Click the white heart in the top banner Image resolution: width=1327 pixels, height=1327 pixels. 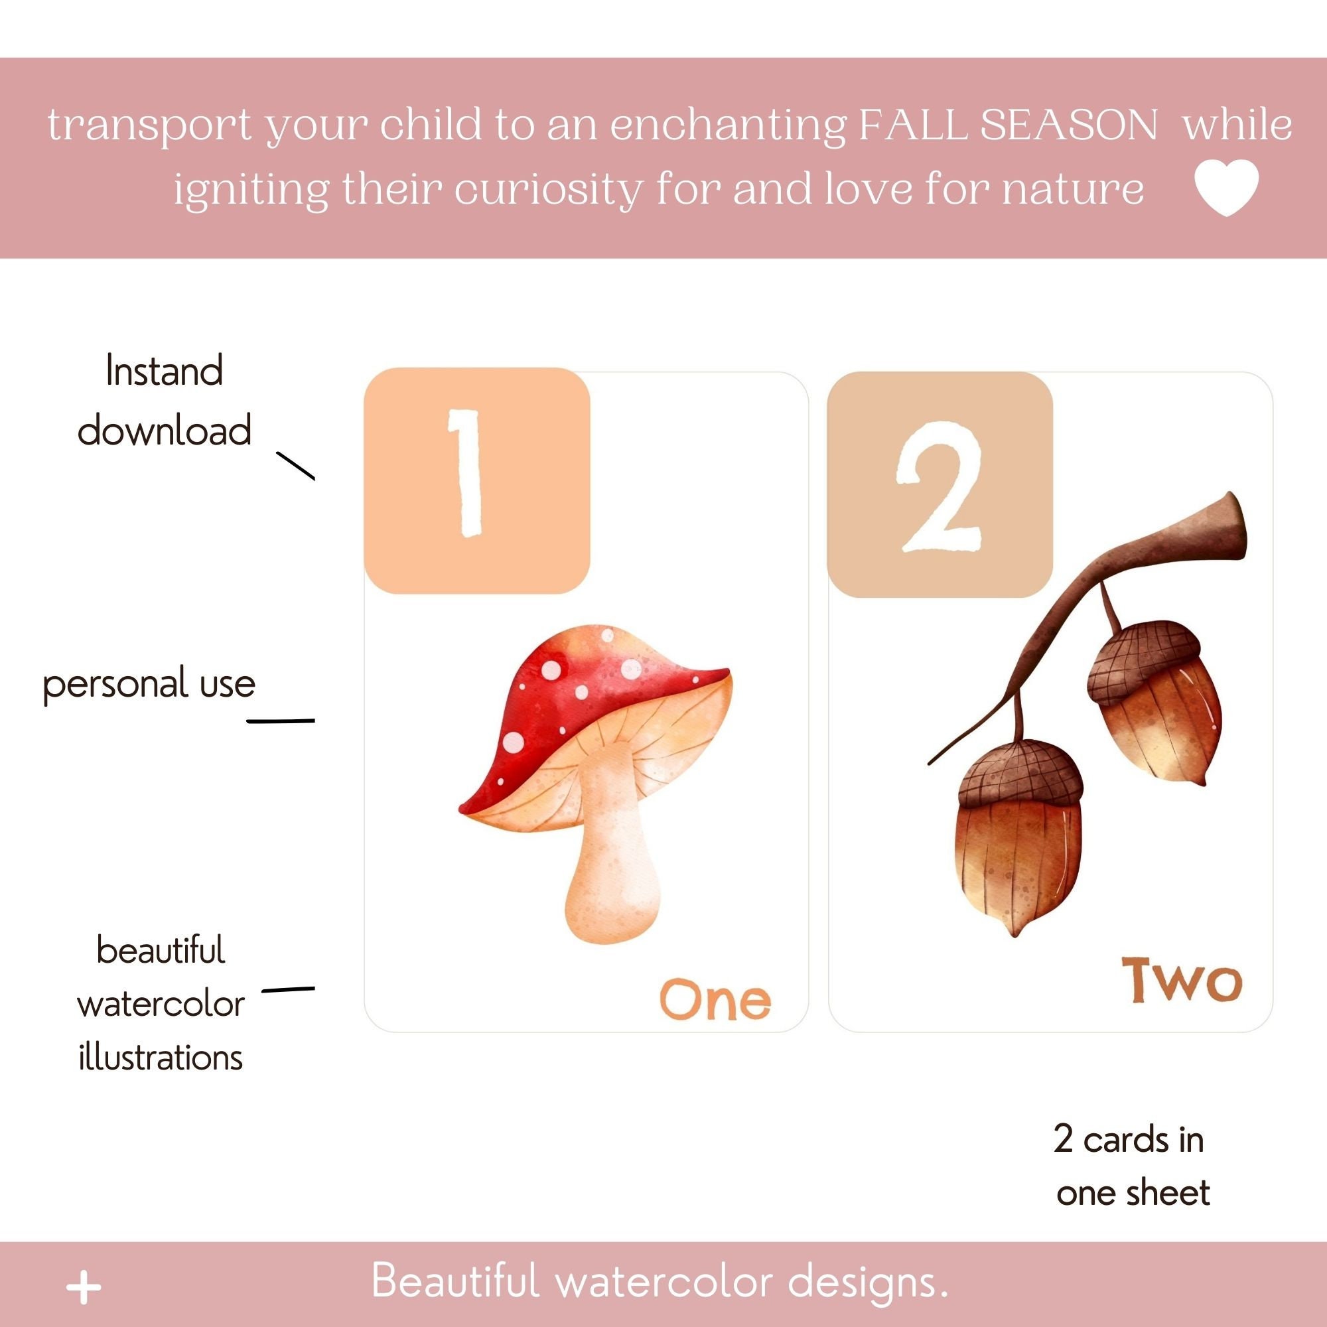pos(1226,187)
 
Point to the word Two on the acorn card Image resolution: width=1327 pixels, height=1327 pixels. pos(1182,980)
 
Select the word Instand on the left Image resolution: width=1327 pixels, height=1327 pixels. pos(164,372)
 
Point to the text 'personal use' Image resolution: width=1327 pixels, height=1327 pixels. pos(149,684)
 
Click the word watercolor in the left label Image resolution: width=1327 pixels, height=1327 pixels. pos(161,1004)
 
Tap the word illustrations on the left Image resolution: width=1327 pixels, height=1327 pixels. pos(161,1057)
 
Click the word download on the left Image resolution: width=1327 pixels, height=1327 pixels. pos(164,431)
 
